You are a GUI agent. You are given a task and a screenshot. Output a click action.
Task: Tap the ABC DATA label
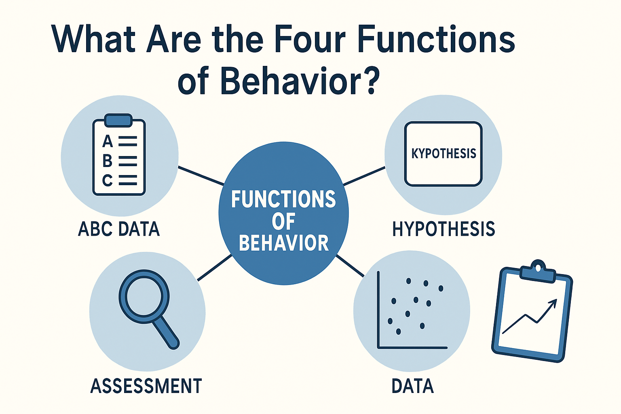119,229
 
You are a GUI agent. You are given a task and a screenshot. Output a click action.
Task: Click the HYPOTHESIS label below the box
444,229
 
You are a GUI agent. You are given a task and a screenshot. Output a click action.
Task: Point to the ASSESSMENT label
146,386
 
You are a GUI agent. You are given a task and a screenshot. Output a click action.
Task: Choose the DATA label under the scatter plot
412,386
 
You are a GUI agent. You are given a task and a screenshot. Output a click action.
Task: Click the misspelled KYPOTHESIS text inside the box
444,154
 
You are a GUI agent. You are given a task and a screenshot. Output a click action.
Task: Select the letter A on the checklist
107,142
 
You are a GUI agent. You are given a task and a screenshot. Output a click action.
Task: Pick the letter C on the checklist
107,180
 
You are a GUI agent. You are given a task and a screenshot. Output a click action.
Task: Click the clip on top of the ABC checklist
118,120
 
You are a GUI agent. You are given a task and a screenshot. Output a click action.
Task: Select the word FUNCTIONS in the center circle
283,199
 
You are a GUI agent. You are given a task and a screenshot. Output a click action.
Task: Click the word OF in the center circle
283,222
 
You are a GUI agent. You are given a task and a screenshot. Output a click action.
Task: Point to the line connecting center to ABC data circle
201,175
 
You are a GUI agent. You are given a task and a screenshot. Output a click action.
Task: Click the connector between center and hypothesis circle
364,176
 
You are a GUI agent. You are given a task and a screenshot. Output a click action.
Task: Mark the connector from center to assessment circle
215,267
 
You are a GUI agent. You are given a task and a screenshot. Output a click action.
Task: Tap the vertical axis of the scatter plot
378,309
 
